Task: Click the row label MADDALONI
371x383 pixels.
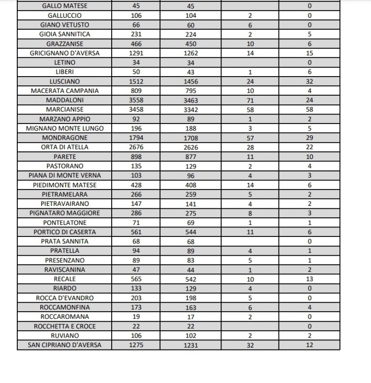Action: coord(65,100)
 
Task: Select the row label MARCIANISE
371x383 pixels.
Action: coord(65,110)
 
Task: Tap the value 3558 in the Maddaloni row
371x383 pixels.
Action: coord(136,100)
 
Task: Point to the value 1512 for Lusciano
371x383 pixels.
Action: coord(136,81)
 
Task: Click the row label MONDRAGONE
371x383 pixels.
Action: coord(65,138)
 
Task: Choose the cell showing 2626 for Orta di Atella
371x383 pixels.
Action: coord(191,147)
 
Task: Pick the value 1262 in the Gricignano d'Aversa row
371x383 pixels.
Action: coord(191,53)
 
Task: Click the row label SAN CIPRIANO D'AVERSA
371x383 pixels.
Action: coord(65,345)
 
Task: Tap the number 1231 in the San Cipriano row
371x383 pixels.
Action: coord(191,345)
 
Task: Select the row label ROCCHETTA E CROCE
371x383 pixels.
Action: coord(65,326)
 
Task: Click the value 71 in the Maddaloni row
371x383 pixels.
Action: coord(250,101)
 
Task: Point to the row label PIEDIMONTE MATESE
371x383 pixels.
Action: coord(65,185)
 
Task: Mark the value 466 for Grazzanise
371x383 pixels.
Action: coord(136,44)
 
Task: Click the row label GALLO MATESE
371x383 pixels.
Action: coord(65,6)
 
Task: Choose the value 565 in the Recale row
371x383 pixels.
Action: coord(136,279)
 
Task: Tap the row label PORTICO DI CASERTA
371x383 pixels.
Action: coord(65,232)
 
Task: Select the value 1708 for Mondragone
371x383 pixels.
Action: coord(191,138)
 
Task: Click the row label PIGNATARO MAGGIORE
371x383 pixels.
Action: coord(65,213)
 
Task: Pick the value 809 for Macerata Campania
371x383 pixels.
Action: coord(136,90)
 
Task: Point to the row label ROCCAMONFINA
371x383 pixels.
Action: coord(65,307)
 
